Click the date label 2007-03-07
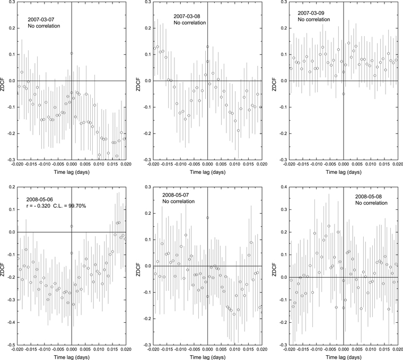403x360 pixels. [41, 20]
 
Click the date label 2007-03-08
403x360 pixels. [187, 16]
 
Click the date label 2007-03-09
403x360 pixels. [311, 13]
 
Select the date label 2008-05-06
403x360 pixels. [40, 199]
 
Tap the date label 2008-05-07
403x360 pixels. [176, 195]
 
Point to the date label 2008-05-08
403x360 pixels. [369, 197]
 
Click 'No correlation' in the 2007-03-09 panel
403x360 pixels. [314, 20]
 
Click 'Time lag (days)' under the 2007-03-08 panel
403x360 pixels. [208, 172]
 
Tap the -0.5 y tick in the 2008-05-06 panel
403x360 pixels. [11, 345]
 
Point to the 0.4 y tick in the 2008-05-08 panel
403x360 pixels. [284, 187]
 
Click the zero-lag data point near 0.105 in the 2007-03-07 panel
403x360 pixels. [72, 53]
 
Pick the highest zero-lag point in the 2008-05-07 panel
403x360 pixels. [208, 218]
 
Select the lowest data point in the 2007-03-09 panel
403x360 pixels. [344, 94]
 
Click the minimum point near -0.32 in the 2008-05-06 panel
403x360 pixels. [74, 304]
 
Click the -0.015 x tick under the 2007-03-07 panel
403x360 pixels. [31, 164]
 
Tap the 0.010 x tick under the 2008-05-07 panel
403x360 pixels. [235, 349]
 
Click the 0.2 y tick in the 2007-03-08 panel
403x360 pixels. [147, 28]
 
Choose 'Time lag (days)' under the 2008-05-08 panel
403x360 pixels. [344, 357]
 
